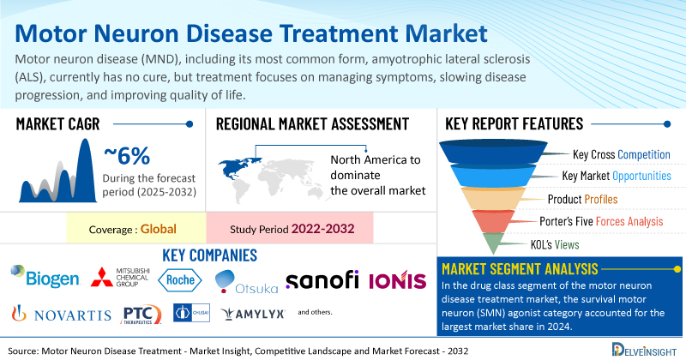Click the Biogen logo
(x=45, y=277)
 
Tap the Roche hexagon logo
(x=180, y=280)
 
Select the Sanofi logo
(x=322, y=279)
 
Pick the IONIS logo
(x=397, y=280)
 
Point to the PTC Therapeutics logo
(x=141, y=315)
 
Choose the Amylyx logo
(x=253, y=314)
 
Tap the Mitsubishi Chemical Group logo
(x=120, y=278)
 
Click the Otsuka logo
(x=246, y=282)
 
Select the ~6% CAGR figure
(x=127, y=156)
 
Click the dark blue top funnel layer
(x=493, y=152)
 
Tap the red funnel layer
(x=493, y=220)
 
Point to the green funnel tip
(x=493, y=243)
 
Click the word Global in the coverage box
(x=159, y=229)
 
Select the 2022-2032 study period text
(x=323, y=229)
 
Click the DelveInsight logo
(x=644, y=350)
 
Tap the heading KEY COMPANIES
(x=209, y=255)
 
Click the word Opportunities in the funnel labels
(x=641, y=176)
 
